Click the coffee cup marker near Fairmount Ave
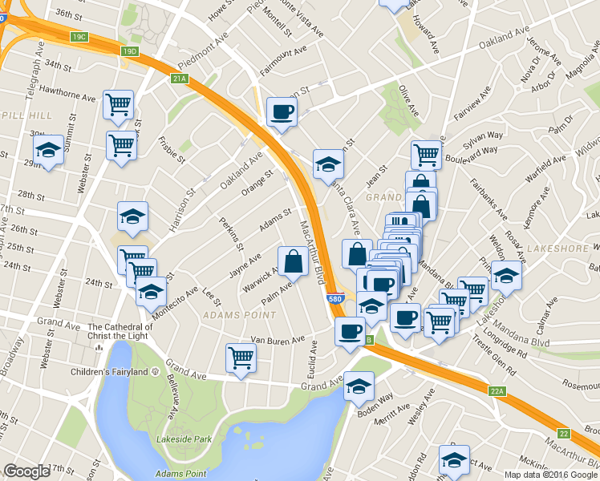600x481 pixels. (281, 111)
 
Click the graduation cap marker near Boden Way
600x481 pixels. (359, 386)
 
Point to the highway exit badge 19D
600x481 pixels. (130, 51)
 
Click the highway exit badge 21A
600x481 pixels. (179, 79)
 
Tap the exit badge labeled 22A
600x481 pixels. (497, 391)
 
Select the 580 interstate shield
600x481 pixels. (337, 299)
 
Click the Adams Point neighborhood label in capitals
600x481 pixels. (229, 316)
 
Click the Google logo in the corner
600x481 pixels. (26, 471)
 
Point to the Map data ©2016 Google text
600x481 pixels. (550, 475)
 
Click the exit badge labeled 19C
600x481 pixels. (79, 37)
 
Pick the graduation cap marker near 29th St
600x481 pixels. (48, 150)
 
